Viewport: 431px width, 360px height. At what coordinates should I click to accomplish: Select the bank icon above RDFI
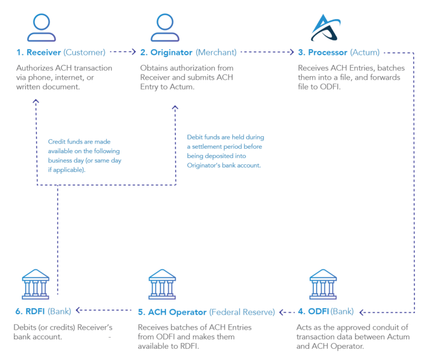point(35,284)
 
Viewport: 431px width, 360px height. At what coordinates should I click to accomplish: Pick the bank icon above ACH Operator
point(162,284)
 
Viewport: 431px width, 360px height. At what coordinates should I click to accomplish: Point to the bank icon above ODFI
point(323,284)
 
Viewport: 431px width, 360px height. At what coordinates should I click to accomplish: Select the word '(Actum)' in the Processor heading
point(365,53)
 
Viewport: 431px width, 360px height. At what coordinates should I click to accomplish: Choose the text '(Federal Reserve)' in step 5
point(242,311)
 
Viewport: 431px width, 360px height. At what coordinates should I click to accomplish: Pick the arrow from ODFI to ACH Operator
point(288,311)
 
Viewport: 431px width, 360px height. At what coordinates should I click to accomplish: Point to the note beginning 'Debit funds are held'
point(226,151)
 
